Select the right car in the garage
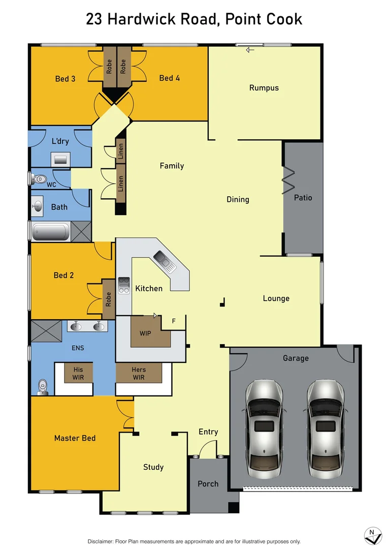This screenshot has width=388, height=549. point(326,429)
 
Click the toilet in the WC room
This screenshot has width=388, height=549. point(39,179)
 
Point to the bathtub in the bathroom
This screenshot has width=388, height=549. point(50,232)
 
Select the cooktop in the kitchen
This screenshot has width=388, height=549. point(123,286)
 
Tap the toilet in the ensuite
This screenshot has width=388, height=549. point(43,387)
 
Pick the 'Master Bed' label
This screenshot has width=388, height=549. point(75,438)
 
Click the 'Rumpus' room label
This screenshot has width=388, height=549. point(264,88)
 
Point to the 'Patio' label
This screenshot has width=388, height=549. point(303,198)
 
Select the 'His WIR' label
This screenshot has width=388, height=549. point(78,374)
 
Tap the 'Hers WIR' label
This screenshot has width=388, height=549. point(138,374)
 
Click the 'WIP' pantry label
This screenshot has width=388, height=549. point(145,334)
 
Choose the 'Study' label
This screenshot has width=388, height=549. point(153,467)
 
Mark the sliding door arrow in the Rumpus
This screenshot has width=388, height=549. point(249,50)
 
